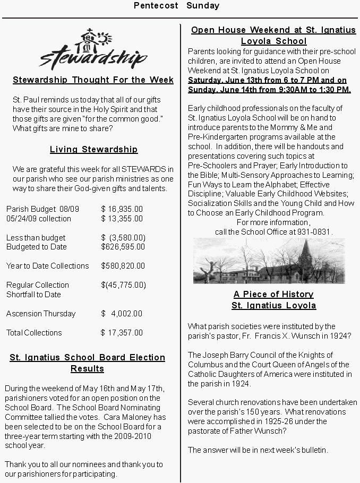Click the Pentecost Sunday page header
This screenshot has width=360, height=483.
[176, 6]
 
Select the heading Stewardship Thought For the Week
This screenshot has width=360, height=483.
[93, 80]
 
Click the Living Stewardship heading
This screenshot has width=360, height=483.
[93, 150]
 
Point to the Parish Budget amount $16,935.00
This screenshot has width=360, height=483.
[122, 209]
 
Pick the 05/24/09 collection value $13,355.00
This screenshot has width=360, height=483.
[122, 219]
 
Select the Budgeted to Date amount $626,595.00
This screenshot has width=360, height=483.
[123, 247]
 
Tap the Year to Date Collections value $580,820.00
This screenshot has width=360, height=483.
[123, 266]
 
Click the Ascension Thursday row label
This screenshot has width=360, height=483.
[41, 314]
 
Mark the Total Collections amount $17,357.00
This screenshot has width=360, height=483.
[122, 333]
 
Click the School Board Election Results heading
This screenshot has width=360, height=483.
[88, 363]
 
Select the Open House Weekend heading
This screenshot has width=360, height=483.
[273, 35]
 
